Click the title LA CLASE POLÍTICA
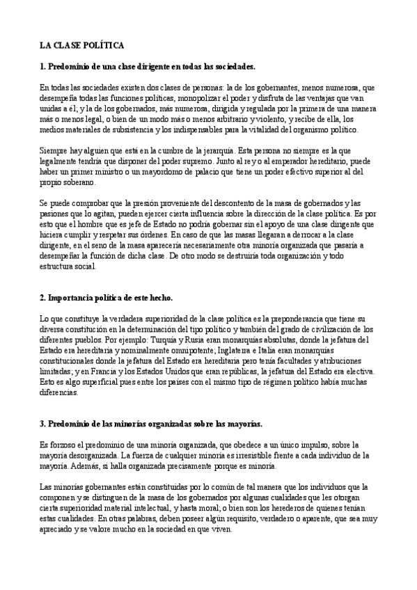[81, 45]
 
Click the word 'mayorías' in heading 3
[236, 423]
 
